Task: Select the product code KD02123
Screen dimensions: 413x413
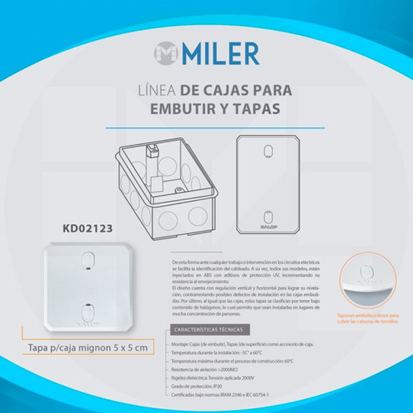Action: (87, 227)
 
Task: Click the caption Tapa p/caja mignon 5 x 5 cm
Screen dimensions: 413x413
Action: (87, 347)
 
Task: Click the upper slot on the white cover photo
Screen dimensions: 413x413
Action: (87, 261)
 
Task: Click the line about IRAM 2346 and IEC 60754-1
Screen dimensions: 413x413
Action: (220, 395)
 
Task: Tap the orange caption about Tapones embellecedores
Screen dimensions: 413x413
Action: (374, 318)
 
